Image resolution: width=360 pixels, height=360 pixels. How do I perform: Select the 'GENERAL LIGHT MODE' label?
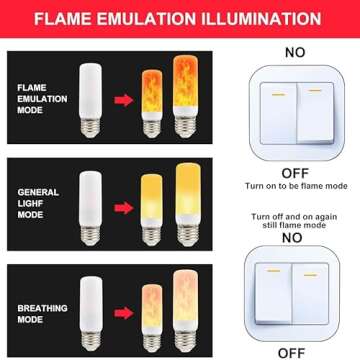pos(38,203)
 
